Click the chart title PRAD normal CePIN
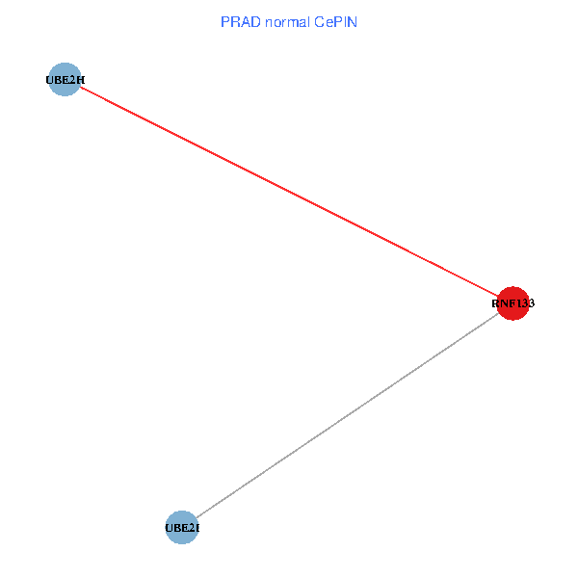pyautogui.click(x=289, y=21)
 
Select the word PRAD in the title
pyautogui.click(x=237, y=21)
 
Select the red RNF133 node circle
pyautogui.click(x=512, y=303)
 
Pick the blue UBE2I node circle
pyautogui.click(x=182, y=528)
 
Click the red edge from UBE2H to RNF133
pyautogui.click(x=289, y=192)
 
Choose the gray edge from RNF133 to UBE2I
pyautogui.click(x=347, y=415)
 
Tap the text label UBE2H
pyautogui.click(x=65, y=80)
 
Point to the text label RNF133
pyautogui.click(x=512, y=303)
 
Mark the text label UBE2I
pyautogui.click(x=182, y=528)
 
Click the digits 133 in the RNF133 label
pyautogui.click(x=525, y=303)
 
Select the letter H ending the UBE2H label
pyautogui.click(x=80, y=80)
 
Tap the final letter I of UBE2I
pyautogui.click(x=197, y=528)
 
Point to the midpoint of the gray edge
pyautogui.click(x=347, y=415)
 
